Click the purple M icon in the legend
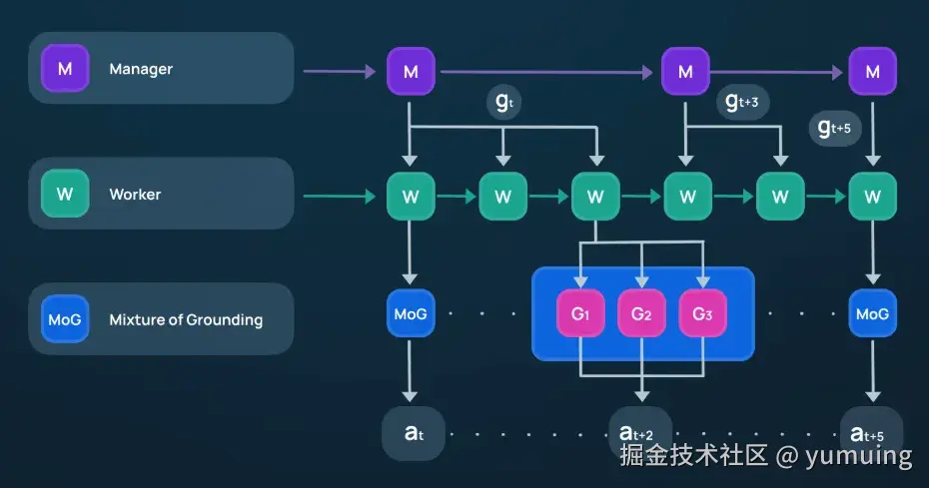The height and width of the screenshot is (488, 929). [65, 69]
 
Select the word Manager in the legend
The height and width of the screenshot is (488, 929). [141, 69]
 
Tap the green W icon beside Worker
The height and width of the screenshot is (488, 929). [65, 194]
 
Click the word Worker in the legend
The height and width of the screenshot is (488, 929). [135, 195]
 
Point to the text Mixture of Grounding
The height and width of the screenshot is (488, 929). [186, 319]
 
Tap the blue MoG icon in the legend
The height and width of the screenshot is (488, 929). [65, 319]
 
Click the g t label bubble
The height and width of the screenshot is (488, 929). [503, 104]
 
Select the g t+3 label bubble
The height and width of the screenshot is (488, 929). [742, 102]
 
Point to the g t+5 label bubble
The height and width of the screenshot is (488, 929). [834, 128]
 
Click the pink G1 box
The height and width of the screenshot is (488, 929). [580, 314]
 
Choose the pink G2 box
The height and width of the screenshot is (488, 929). [641, 314]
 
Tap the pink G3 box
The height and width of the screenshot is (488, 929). [703, 314]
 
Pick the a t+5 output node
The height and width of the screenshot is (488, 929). [865, 433]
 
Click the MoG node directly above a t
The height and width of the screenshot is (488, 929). [411, 314]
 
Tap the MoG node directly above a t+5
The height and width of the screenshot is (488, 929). [872, 314]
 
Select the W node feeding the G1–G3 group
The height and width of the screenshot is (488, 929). [595, 197]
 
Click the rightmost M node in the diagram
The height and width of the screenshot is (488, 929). [872, 71]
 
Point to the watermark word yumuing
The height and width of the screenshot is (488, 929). [859, 457]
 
